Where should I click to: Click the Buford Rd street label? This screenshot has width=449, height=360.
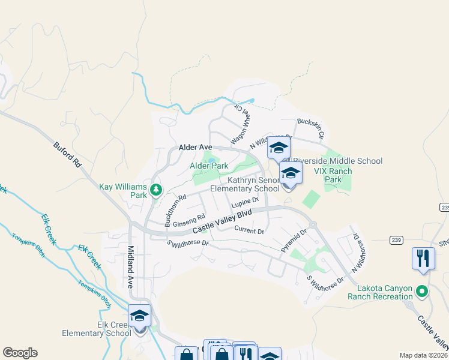(67, 154)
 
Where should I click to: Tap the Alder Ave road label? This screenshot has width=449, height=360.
(196, 147)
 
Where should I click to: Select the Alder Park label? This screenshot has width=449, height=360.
(209, 166)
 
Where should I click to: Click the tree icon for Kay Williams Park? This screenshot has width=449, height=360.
(156, 190)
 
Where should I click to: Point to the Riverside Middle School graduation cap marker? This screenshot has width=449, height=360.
(279, 148)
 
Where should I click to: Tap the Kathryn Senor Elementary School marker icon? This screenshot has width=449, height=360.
(291, 174)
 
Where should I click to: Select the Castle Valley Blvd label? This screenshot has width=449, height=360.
(222, 223)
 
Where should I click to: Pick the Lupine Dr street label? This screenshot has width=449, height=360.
(245, 202)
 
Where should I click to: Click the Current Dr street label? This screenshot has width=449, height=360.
(249, 230)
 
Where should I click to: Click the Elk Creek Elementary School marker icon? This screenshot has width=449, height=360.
(140, 316)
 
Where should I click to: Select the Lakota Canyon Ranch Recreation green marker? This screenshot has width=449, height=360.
(422, 292)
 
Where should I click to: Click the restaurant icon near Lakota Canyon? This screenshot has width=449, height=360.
(423, 259)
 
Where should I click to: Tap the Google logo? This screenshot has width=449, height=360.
(20, 353)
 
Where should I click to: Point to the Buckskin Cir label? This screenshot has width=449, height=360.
(310, 128)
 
